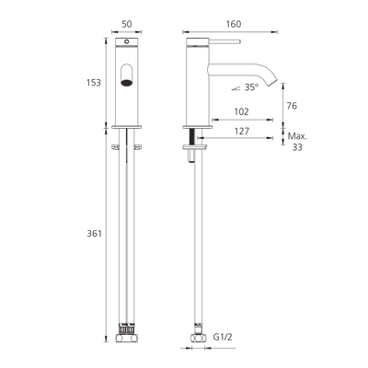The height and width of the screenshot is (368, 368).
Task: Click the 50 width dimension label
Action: click(127, 24)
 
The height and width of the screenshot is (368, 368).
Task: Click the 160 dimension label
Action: click(234, 24)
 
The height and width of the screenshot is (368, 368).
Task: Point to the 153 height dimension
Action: click(94, 83)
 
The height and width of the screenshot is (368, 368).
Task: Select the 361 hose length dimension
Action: click(94, 234)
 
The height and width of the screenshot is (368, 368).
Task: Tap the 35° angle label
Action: click(251, 87)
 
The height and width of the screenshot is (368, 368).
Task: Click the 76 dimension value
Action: click(292, 106)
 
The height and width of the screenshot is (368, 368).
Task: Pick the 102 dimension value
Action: click(241, 111)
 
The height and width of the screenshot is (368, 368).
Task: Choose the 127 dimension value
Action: click(242, 132)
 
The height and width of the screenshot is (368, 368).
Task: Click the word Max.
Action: click(297, 136)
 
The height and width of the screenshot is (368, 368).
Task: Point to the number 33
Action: click(297, 147)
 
